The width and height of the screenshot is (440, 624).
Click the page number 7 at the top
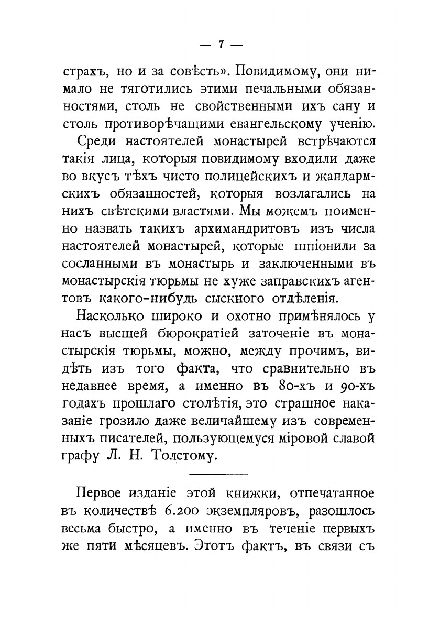point(220,45)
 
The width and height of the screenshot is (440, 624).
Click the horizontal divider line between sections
point(217,474)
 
